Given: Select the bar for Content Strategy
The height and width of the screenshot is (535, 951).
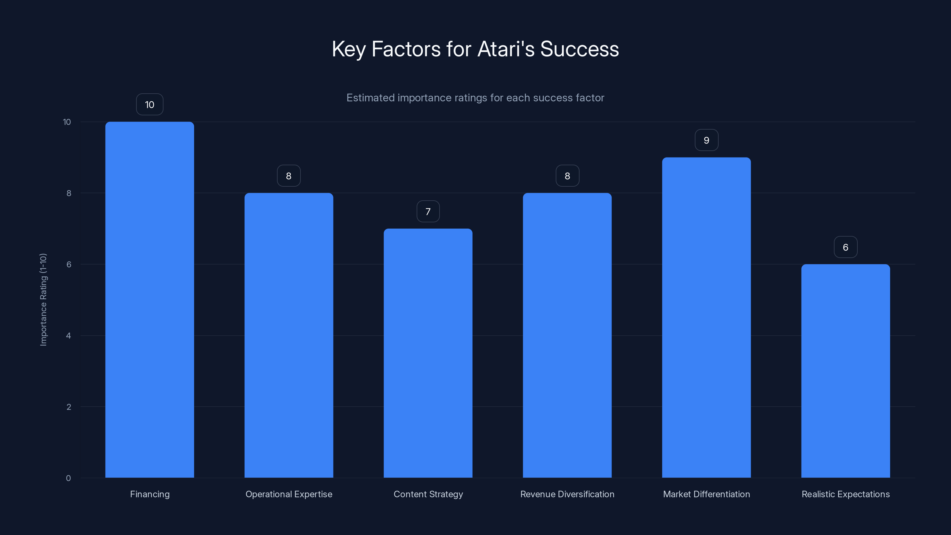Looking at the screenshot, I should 428,353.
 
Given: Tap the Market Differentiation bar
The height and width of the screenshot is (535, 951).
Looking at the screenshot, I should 706,317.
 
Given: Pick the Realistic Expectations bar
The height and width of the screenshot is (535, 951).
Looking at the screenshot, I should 845,371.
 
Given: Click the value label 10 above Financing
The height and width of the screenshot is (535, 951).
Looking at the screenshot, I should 149,105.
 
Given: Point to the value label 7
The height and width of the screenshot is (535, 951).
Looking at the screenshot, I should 428,212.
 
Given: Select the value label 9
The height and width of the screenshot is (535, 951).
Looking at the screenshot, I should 706,140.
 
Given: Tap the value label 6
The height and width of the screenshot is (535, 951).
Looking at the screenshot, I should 845,247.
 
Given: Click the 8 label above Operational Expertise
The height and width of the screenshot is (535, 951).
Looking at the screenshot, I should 289,176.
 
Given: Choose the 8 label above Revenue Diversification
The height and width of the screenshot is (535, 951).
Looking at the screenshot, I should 567,176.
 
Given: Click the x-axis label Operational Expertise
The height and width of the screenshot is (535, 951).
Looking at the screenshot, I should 289,494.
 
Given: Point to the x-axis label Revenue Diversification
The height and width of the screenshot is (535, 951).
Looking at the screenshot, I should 567,494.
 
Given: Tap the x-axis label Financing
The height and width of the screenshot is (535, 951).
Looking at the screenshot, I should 149,494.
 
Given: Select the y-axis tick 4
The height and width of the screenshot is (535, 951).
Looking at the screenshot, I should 68,336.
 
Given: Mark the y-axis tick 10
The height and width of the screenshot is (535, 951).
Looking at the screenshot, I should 67,122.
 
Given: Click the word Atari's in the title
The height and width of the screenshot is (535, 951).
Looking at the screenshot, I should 506,49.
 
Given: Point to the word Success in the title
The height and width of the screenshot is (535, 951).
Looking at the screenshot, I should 579,49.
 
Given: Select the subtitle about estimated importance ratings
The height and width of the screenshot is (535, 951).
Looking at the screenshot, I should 475,98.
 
